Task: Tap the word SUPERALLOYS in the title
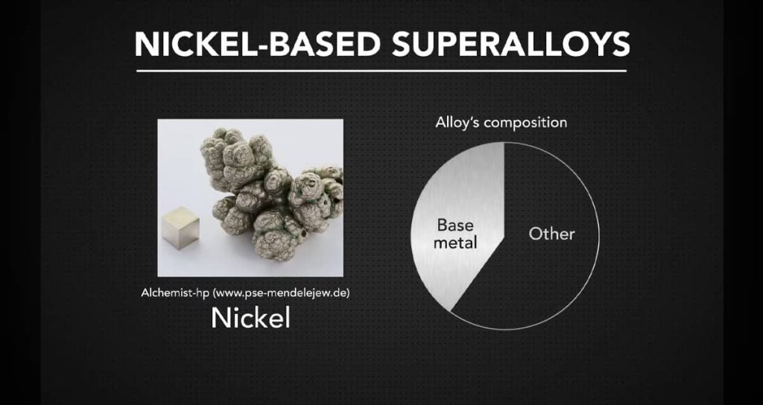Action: click(x=511, y=45)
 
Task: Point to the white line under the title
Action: click(x=381, y=71)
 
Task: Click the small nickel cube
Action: click(x=180, y=227)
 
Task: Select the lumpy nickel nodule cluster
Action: click(x=271, y=194)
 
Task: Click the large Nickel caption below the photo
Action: click(x=250, y=318)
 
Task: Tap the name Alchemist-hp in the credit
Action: click(x=176, y=293)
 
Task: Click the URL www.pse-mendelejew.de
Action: click(x=282, y=293)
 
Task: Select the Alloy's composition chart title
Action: click(x=501, y=123)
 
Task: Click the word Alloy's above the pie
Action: click(x=458, y=122)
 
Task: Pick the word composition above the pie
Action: click(x=525, y=123)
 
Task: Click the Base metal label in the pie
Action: click(x=455, y=233)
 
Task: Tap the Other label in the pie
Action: click(x=552, y=234)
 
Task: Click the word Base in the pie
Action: click(x=455, y=225)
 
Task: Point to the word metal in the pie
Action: click(x=455, y=243)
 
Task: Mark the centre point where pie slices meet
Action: click(x=504, y=237)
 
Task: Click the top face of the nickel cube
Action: click(x=180, y=214)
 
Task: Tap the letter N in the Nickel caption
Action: click(x=220, y=319)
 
